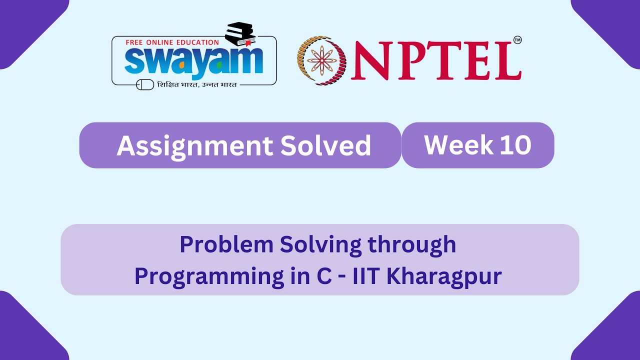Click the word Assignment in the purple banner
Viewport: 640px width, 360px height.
pos(193,145)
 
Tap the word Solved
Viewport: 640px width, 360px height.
pos(325,145)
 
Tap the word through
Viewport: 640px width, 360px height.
pos(412,244)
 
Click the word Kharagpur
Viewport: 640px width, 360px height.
pos(443,276)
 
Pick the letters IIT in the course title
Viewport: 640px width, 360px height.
pos(367,276)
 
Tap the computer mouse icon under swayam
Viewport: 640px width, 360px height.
pos(145,84)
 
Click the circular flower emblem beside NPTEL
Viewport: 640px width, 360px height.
pos(322,60)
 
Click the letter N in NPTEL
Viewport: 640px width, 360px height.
pos(372,61)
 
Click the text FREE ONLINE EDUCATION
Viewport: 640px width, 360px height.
pos(172,42)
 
